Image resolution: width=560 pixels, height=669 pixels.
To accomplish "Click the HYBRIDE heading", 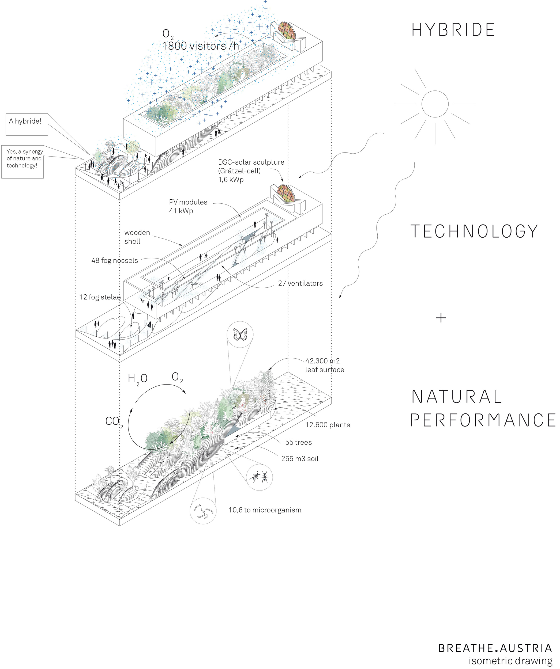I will point(453,30).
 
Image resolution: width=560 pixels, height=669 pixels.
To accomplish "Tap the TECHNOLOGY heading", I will point(474,231).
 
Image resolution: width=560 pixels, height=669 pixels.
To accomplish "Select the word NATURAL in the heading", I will point(457,397).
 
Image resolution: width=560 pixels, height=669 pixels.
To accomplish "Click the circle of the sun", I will point(435,104).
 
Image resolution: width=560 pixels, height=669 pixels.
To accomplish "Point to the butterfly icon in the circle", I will point(240,334).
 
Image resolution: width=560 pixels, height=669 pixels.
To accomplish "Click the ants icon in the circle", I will point(260,477).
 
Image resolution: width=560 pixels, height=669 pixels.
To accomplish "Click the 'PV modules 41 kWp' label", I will point(188,206).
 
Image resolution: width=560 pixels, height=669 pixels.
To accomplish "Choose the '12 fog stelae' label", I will point(100,297).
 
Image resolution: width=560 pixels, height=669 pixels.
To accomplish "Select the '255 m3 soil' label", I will point(300,459).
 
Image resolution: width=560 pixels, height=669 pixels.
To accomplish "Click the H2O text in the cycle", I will point(137,379).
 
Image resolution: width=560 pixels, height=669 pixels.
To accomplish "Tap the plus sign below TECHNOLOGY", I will point(441,318).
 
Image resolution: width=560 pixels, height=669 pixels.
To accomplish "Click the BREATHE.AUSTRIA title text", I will point(495,648).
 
